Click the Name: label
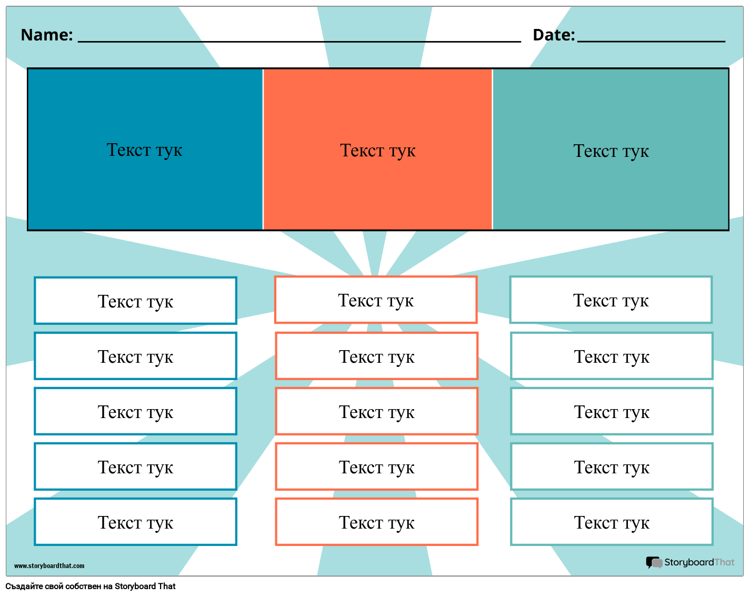[x=46, y=35]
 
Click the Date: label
[x=553, y=35]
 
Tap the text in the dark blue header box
[x=144, y=150]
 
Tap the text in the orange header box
[x=377, y=151]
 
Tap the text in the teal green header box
[x=611, y=151]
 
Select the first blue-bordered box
[x=135, y=301]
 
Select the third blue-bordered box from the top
[x=135, y=411]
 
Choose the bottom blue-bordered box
[x=135, y=522]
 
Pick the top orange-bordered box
[x=376, y=300]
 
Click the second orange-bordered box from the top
[x=376, y=356]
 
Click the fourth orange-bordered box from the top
[x=376, y=466]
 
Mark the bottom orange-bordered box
[x=376, y=522]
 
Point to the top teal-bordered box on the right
[x=611, y=300]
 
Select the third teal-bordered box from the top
[x=612, y=411]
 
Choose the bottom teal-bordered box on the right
[x=612, y=522]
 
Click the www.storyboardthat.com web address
[x=49, y=566]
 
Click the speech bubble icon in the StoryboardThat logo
[x=654, y=563]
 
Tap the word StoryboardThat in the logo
[x=699, y=562]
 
